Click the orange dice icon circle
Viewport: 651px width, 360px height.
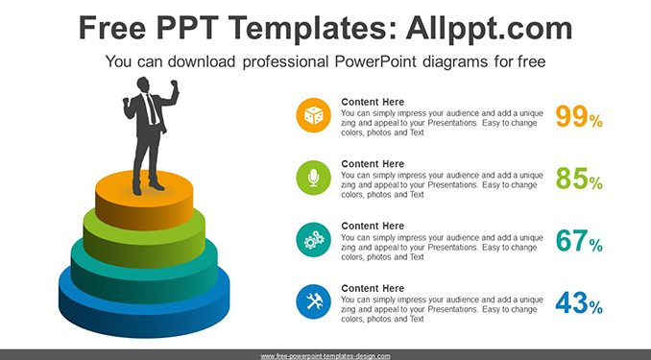click(313, 115)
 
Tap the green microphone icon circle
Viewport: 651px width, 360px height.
click(313, 178)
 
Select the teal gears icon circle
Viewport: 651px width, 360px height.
click(313, 240)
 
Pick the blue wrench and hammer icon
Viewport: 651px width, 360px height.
click(313, 301)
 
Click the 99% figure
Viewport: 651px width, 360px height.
click(579, 117)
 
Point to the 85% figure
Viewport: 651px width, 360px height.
click(579, 179)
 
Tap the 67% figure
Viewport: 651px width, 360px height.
click(579, 241)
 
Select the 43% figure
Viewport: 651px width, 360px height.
click(579, 302)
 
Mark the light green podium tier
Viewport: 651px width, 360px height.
click(144, 245)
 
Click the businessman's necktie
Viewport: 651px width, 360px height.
click(152, 108)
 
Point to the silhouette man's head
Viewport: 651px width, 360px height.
click(143, 84)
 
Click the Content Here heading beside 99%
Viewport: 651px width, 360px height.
click(373, 102)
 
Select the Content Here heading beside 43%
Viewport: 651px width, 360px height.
click(373, 288)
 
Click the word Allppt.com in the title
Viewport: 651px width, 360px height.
click(489, 28)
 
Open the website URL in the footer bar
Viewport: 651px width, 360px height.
click(325, 356)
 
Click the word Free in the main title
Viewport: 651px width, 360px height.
click(112, 28)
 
